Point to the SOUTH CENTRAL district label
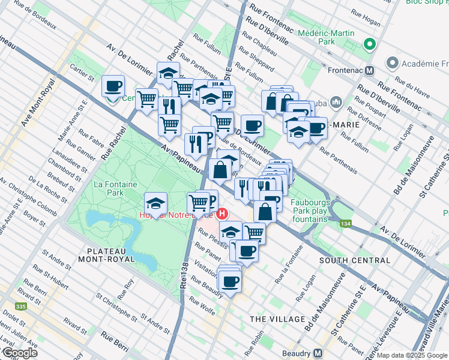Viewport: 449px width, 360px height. point(355,260)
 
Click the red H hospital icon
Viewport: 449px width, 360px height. point(223,213)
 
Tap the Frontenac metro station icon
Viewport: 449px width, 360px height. point(370,70)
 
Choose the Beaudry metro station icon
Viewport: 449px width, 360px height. point(318,353)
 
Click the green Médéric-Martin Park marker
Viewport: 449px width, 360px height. point(370,44)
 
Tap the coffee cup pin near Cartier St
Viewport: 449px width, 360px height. point(113,87)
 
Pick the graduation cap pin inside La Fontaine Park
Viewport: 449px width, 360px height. point(156,203)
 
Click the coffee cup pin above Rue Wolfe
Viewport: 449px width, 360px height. point(229,280)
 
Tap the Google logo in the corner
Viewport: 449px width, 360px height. point(20,353)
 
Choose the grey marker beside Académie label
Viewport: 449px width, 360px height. point(393,62)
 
